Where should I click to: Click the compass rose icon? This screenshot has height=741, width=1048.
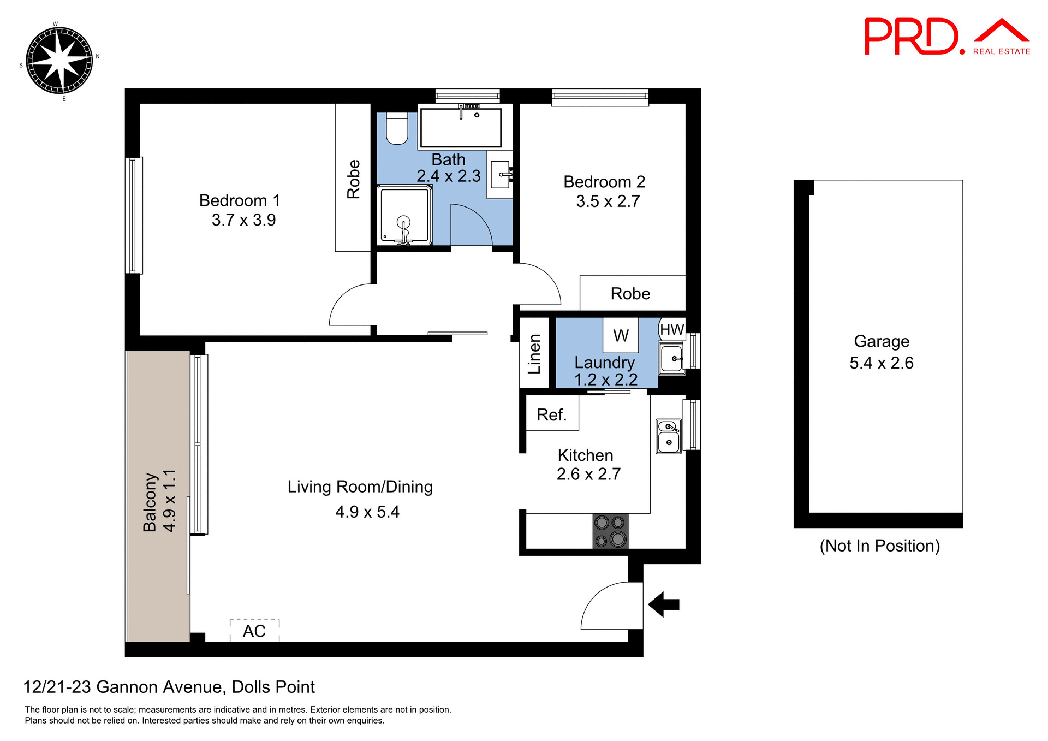pyautogui.click(x=59, y=60)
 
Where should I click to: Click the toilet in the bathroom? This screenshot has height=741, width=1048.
pyautogui.click(x=397, y=128)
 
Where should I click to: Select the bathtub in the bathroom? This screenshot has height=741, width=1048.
pyautogui.click(x=460, y=128)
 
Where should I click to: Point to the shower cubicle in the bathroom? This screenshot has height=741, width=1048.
pyautogui.click(x=404, y=215)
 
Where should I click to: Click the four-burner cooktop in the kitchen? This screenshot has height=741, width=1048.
pyautogui.click(x=610, y=531)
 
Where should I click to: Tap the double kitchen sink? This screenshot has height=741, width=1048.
pyautogui.click(x=669, y=436)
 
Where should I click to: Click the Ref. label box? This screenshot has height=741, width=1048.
pyautogui.click(x=552, y=414)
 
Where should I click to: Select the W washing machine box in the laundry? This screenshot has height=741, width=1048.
pyautogui.click(x=621, y=335)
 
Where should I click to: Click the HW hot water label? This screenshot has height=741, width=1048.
pyautogui.click(x=671, y=329)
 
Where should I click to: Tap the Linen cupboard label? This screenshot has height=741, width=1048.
pyautogui.click(x=534, y=354)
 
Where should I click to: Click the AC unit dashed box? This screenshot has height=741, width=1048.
pyautogui.click(x=254, y=631)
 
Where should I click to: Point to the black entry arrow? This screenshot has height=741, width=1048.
pyautogui.click(x=663, y=604)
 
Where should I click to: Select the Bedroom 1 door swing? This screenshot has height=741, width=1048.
pyautogui.click(x=350, y=306)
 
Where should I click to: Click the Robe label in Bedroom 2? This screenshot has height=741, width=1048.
pyautogui.click(x=630, y=294)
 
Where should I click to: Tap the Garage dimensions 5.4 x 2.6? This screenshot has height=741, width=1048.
pyautogui.click(x=881, y=363)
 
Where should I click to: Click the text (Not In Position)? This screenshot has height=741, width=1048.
pyautogui.click(x=879, y=546)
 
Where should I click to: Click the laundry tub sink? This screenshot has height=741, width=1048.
pyautogui.click(x=672, y=359)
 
